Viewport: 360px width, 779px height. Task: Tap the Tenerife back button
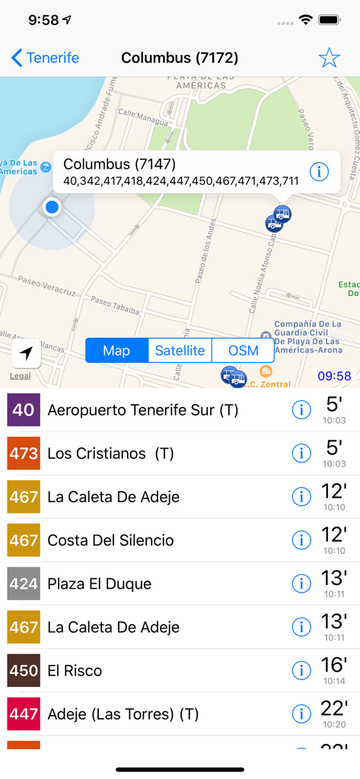pos(46,58)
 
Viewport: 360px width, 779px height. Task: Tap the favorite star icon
pos(329,58)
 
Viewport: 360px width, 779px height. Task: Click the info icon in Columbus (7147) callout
pos(318,172)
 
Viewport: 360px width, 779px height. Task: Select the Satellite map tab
pos(180,351)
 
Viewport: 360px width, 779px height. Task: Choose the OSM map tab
pos(243,351)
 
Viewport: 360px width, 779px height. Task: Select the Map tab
pos(116,351)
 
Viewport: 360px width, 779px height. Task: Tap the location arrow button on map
pos(26,353)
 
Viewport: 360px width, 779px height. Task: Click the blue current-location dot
pos(52,206)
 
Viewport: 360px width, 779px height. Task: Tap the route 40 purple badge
pos(23,410)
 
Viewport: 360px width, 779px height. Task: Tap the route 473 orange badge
pos(23,453)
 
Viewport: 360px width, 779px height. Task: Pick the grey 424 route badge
pos(23,583)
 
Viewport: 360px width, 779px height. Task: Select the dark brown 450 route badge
pos(23,670)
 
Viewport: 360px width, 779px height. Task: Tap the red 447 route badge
pos(23,714)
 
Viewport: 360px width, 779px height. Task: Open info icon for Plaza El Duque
pos(301,583)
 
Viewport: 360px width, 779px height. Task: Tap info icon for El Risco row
pos(301,670)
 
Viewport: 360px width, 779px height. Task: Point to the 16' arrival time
pos(333,666)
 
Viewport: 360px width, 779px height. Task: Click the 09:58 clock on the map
pos(334,376)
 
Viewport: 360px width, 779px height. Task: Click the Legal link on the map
pos(21,376)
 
